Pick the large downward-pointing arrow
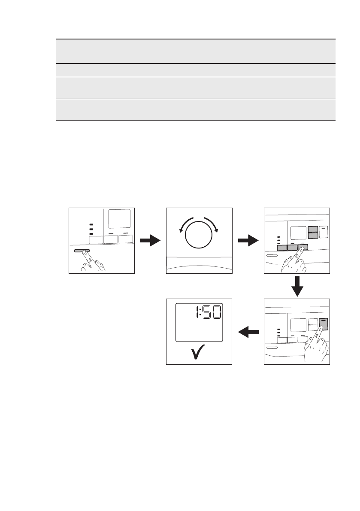coord(297,286)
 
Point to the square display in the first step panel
coord(119,219)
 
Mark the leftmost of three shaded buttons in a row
coord(281,248)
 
